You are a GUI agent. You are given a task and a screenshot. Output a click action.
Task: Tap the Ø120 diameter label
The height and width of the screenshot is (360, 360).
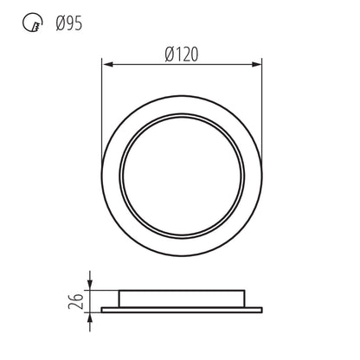182,54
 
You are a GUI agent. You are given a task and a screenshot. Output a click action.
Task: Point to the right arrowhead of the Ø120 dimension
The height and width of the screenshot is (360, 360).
258,63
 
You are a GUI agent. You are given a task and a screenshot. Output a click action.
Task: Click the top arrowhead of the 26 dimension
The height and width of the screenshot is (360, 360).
90,276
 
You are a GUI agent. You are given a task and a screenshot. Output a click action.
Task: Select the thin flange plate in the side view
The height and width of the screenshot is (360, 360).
182,307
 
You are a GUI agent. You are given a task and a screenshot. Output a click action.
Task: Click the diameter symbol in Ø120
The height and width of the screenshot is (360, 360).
168,54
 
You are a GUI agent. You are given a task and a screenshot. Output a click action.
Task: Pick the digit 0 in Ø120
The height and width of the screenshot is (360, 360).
195,54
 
